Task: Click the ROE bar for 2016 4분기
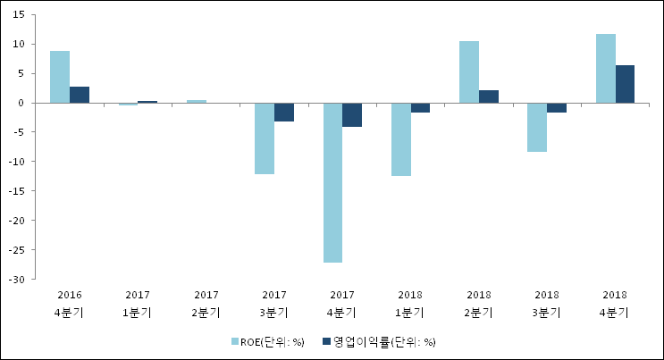60,77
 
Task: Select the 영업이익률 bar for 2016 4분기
80,95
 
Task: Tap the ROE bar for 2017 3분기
265,138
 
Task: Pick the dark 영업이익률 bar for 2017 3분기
284,112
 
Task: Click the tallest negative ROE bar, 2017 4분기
332,182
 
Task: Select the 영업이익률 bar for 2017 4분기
352,114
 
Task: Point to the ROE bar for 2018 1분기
401,139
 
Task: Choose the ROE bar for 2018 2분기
469,71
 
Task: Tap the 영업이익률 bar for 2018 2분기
489,96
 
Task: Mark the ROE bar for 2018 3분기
537,127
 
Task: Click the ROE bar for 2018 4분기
606,68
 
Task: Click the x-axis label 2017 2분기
206,303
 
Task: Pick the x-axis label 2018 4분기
615,303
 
